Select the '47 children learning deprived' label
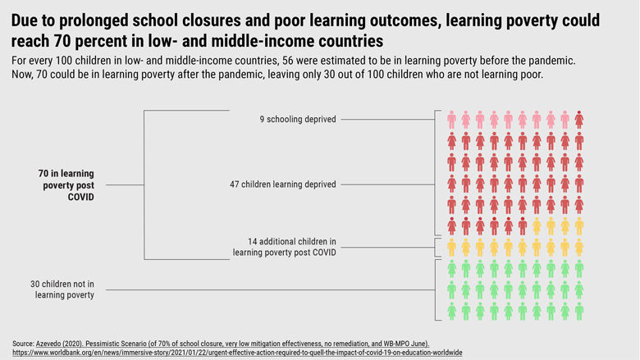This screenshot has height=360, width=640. [x=282, y=185]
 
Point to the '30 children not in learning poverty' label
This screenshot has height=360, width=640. [x=62, y=289]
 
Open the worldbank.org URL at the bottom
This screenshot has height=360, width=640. [x=238, y=352]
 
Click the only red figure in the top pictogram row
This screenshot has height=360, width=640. [x=579, y=120]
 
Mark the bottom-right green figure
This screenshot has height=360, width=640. [x=579, y=311]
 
